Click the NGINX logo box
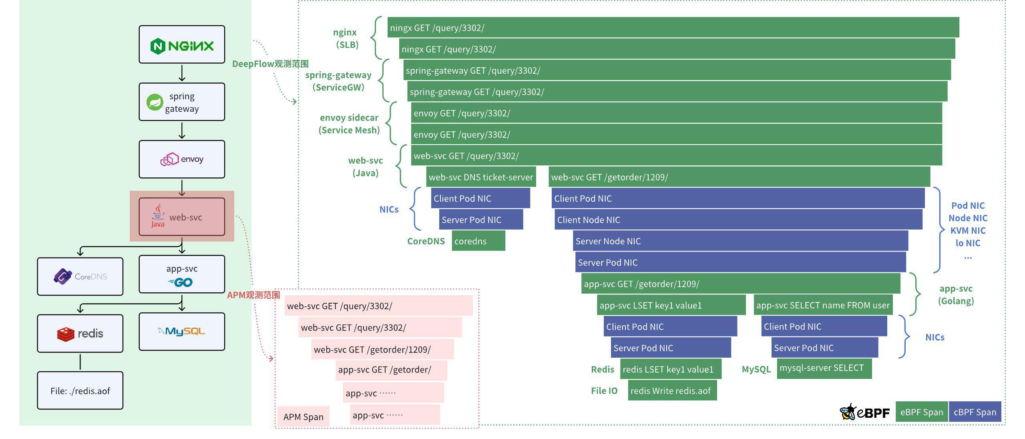point(182,44)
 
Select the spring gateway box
point(182,102)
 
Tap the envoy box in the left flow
point(182,159)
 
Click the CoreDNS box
point(80,276)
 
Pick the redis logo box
point(80,333)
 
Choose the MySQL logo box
point(182,332)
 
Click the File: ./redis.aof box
point(80,391)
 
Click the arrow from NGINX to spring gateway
point(182,73)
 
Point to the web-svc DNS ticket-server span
point(481,177)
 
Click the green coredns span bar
point(478,241)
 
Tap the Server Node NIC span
point(740,241)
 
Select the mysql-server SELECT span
point(824,368)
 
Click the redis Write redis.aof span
point(672,391)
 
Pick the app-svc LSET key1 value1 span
point(671,305)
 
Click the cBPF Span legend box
point(975,412)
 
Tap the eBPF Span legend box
point(921,412)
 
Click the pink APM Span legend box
point(303,417)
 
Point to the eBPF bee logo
point(848,412)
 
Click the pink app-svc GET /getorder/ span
point(391,370)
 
